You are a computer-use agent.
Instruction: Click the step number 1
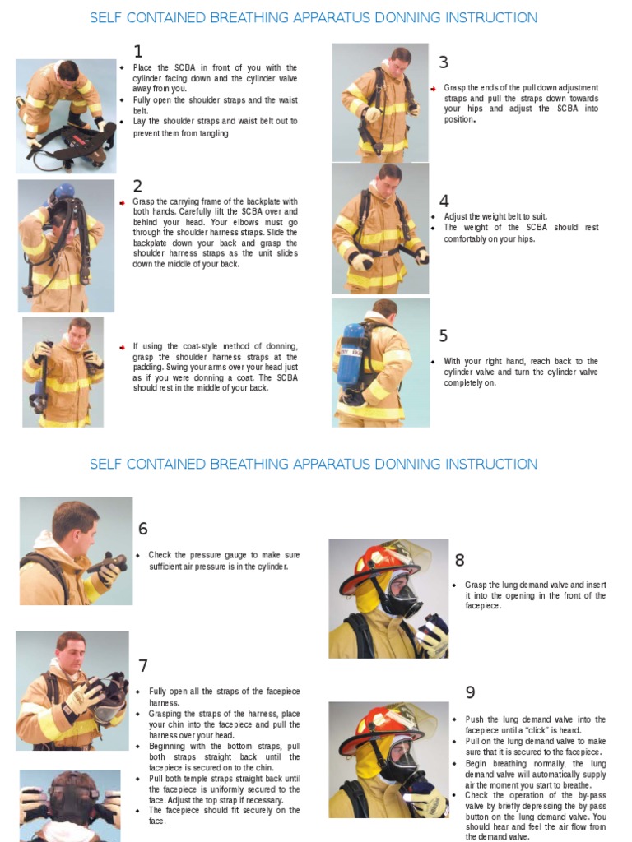[138, 52]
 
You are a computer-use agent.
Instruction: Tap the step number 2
[138, 186]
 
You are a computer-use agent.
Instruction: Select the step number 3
[444, 62]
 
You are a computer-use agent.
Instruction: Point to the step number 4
[444, 201]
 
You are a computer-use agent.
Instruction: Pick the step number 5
[444, 335]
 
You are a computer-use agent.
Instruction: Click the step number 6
[143, 529]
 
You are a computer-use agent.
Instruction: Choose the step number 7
[143, 666]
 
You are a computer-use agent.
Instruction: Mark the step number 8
[459, 561]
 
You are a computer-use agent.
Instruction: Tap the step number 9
[470, 693]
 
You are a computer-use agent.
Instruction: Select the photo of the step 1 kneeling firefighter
[65, 115]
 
